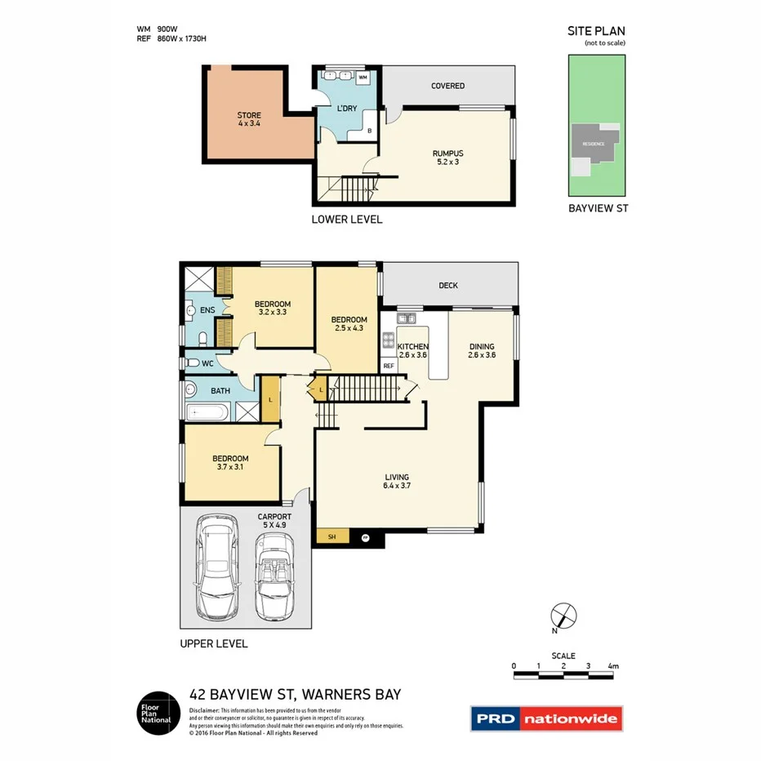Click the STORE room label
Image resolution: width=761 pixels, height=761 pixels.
[x=249, y=119]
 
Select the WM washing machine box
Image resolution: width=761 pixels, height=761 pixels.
[x=363, y=78]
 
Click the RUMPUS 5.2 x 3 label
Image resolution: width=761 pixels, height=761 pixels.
[x=447, y=158]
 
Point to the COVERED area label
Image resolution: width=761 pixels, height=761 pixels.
[x=447, y=86]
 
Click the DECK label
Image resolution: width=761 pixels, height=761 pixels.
[x=447, y=286]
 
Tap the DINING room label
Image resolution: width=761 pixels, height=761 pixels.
[x=481, y=351]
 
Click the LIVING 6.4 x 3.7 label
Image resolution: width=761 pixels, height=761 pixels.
[x=397, y=482]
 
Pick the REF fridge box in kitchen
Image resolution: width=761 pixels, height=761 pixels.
[x=389, y=367]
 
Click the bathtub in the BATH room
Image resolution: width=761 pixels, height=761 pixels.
[x=207, y=412]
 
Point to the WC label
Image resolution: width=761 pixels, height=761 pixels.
[x=208, y=363]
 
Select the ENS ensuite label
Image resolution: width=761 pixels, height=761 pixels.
[x=207, y=311]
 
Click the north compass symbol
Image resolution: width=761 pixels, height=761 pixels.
[x=564, y=615]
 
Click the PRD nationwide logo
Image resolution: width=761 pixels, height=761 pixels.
[x=546, y=719]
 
